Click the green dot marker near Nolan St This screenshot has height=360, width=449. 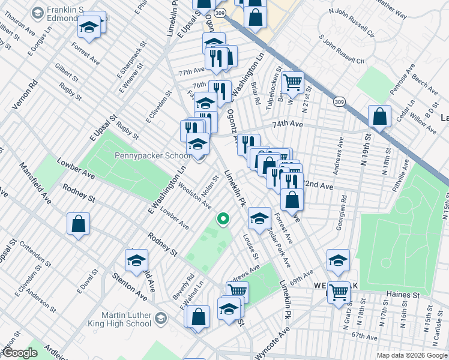(223, 219)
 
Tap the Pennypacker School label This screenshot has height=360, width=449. (152, 156)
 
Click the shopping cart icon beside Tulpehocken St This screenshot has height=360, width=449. (292, 82)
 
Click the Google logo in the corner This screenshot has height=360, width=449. (20, 352)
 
